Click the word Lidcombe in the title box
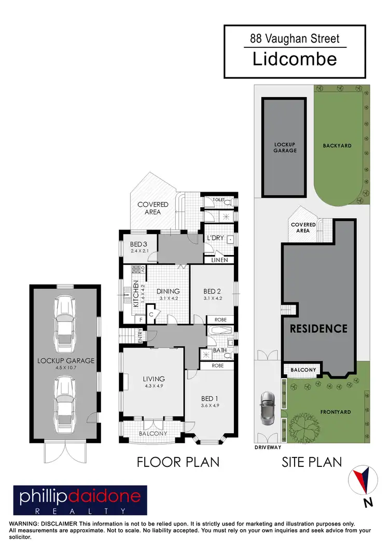click(295, 59)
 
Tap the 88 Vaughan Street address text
click(295, 38)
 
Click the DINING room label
click(168, 291)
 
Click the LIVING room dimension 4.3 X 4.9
click(155, 385)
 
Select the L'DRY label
click(215, 238)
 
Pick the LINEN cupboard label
click(219, 260)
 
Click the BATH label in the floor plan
click(219, 351)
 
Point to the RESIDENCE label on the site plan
click(318, 328)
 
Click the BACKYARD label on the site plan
click(337, 146)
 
